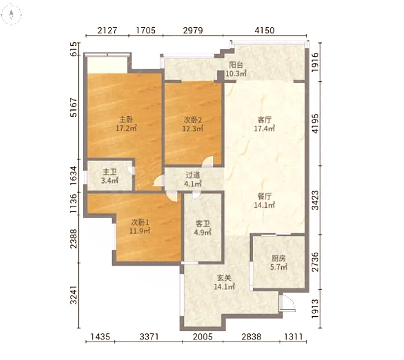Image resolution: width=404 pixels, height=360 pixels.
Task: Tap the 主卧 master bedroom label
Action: point(126,120)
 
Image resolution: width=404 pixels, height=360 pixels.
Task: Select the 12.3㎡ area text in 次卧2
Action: point(193,128)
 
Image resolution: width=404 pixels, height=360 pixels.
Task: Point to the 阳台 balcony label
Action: point(236,65)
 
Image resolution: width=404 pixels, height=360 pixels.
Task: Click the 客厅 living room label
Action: point(265,120)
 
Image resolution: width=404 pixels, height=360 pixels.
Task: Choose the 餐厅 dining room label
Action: point(265,196)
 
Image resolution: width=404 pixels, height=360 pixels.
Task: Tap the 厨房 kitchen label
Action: point(278,258)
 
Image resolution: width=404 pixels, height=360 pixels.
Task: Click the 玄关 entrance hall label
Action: point(224,278)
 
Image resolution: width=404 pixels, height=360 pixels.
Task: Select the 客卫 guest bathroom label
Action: point(202,224)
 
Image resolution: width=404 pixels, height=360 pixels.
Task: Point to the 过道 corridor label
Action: point(193,175)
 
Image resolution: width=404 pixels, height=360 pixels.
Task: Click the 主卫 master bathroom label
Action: point(110,172)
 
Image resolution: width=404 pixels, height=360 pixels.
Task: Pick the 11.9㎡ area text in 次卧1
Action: point(139,231)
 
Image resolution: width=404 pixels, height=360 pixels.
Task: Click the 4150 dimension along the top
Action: point(265,31)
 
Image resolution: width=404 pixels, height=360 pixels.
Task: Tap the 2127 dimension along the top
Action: point(107,31)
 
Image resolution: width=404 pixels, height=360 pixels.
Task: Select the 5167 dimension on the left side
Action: point(74,107)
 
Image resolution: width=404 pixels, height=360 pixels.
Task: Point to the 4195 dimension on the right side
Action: point(315,124)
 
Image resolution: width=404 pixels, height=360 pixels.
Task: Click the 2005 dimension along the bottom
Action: point(203,336)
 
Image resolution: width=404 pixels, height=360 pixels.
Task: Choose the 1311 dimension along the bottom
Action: point(293,336)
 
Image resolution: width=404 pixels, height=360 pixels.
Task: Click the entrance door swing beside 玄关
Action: point(287,303)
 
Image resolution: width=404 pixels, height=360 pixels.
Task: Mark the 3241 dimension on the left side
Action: point(74,295)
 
